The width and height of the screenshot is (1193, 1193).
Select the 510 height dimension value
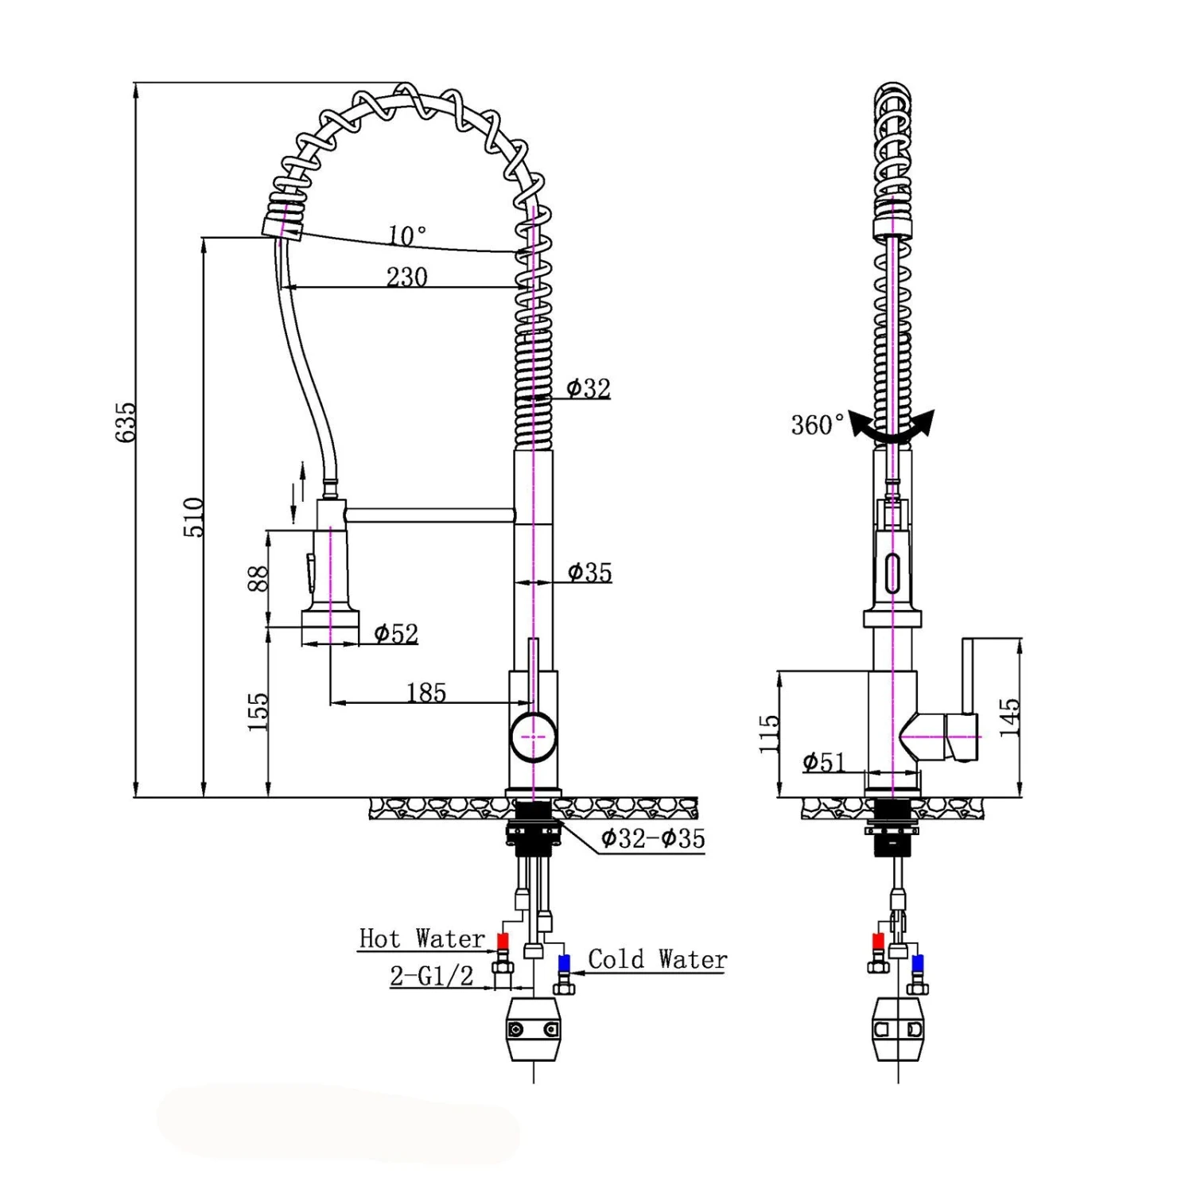click(x=194, y=517)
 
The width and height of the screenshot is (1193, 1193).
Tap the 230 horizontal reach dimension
click(x=406, y=277)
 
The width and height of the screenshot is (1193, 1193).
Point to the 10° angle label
click(x=407, y=235)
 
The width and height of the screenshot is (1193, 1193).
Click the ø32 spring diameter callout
click(x=589, y=388)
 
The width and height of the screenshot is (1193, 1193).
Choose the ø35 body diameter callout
click(x=589, y=572)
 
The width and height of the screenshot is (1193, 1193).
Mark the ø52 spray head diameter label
click(x=396, y=633)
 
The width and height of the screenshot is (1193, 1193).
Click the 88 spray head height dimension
click(x=258, y=578)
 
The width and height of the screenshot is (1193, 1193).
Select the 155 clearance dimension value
click(x=258, y=712)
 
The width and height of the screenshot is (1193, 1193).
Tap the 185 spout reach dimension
click(x=426, y=693)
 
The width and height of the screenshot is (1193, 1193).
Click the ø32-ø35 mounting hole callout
click(x=652, y=838)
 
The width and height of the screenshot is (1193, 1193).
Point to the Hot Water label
click(x=422, y=938)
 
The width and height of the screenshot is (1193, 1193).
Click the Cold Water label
click(x=657, y=959)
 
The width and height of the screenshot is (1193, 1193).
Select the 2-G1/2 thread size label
click(x=431, y=975)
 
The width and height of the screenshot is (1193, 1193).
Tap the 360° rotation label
click(x=818, y=425)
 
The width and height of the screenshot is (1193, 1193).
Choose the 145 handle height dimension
click(x=1008, y=717)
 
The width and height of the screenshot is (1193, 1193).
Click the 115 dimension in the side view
click(x=769, y=733)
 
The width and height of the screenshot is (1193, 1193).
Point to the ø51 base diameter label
click(x=823, y=762)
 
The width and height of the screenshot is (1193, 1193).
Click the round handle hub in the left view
click(x=533, y=737)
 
